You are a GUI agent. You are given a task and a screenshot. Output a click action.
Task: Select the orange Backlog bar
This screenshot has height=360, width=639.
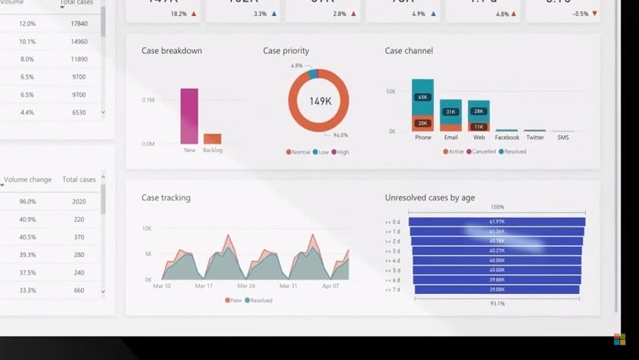[x=212, y=139]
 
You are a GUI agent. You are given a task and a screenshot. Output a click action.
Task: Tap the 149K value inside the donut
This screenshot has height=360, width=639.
[x=320, y=101]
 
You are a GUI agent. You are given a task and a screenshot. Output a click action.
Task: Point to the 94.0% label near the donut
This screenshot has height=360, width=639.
[x=340, y=135]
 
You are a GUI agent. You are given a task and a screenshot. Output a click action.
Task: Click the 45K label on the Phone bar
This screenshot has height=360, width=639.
[x=422, y=97]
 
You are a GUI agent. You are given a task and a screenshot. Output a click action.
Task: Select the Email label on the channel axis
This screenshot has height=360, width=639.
[x=451, y=137]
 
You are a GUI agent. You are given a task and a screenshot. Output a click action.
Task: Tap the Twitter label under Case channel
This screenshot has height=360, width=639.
[x=535, y=137]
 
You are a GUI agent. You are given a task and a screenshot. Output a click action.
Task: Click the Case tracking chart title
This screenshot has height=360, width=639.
[x=166, y=198]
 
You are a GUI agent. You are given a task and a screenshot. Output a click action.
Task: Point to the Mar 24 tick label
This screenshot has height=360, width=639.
[x=246, y=286]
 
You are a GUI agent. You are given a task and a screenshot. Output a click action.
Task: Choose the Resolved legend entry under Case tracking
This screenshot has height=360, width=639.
[x=258, y=301]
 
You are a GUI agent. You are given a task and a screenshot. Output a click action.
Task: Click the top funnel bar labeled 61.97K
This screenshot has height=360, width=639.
[x=497, y=222]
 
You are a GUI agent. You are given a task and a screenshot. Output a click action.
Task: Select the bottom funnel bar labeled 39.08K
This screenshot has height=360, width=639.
[x=497, y=289]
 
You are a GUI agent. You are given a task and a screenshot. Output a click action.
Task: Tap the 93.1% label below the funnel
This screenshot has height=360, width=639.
[x=497, y=304]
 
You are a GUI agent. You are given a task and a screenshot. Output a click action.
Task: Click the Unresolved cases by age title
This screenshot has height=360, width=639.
[x=429, y=198]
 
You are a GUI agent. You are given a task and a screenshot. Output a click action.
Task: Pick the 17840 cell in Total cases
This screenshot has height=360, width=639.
[x=79, y=24]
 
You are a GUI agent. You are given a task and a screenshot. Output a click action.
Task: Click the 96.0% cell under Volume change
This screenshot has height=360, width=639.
[x=27, y=202]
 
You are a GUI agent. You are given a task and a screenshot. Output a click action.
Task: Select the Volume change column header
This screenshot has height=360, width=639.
[x=27, y=180]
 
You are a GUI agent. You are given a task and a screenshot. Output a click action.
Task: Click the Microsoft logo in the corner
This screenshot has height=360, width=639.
[x=619, y=339]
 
